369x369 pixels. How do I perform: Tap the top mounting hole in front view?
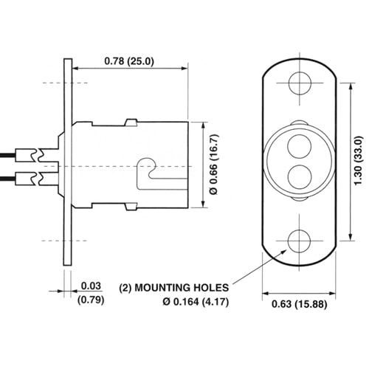[299, 83]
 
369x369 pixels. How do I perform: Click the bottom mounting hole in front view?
[299, 241]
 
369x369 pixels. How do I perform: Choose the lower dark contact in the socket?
[299, 178]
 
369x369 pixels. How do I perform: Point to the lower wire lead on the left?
[18, 178]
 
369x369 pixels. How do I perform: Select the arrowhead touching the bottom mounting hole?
[289, 249]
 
